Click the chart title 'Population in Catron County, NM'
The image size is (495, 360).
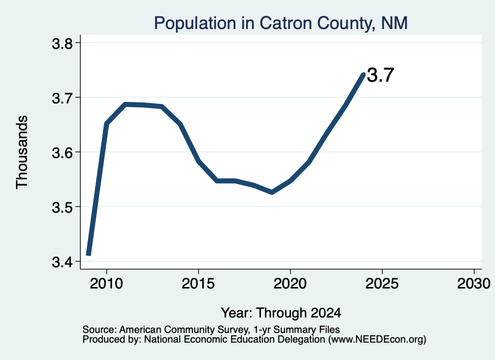281,23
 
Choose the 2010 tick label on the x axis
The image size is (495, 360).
106,283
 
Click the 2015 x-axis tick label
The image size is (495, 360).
198,283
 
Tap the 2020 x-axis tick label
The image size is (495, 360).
290,283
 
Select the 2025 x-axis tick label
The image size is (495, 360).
382,283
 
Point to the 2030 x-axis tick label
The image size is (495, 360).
474,283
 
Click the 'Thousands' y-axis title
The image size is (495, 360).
22,152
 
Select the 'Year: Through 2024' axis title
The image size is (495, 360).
281,313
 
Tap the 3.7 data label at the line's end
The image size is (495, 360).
380,75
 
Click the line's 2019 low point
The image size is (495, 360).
272,192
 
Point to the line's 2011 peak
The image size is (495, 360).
125,104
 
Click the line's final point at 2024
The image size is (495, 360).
364,74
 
